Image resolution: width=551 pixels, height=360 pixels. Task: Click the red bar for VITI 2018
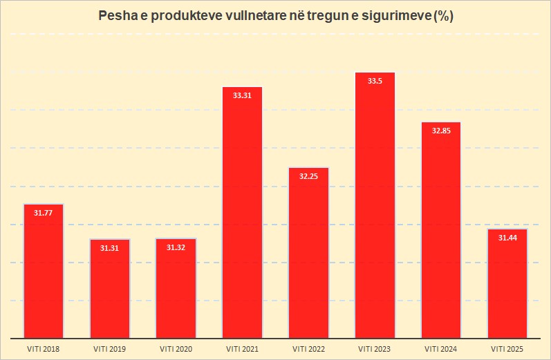click(44, 271)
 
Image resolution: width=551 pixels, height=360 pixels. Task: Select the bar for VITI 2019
click(110, 289)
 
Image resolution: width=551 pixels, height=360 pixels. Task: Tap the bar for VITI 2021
click(243, 213)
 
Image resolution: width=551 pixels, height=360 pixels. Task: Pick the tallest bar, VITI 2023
click(375, 205)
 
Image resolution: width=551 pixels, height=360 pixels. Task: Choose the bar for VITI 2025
click(507, 284)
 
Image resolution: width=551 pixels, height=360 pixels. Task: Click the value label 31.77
click(44, 213)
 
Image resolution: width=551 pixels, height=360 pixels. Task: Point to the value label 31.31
click(110, 248)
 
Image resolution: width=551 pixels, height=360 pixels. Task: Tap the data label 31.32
click(176, 247)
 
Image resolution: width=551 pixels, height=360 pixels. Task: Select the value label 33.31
click(242, 95)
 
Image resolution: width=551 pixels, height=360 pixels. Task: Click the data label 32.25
click(308, 176)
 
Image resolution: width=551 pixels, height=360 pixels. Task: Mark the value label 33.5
click(375, 81)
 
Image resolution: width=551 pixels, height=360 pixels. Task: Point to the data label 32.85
click(441, 131)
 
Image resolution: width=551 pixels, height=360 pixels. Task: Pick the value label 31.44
click(507, 238)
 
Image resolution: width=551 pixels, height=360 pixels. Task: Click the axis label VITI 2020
click(176, 349)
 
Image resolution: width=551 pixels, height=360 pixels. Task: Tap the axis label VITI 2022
click(309, 349)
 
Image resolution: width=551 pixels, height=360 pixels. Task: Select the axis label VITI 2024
click(441, 349)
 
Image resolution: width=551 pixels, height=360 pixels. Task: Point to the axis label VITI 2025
click(507, 349)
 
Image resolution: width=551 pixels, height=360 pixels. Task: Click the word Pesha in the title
click(118, 16)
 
